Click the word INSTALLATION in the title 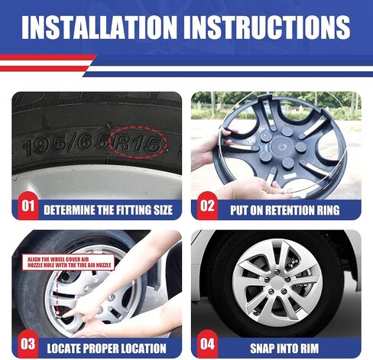(99, 28)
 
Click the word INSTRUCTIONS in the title (267, 28)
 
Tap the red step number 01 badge (28, 206)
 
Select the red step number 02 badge (207, 206)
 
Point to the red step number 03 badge (28, 344)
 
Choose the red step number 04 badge (207, 344)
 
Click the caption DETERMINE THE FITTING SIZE (109, 210)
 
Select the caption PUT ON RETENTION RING (285, 210)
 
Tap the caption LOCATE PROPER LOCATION (106, 349)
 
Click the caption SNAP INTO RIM (284, 349)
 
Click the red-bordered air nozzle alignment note (69, 262)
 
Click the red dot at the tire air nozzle (58, 313)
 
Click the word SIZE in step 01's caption (163, 210)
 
